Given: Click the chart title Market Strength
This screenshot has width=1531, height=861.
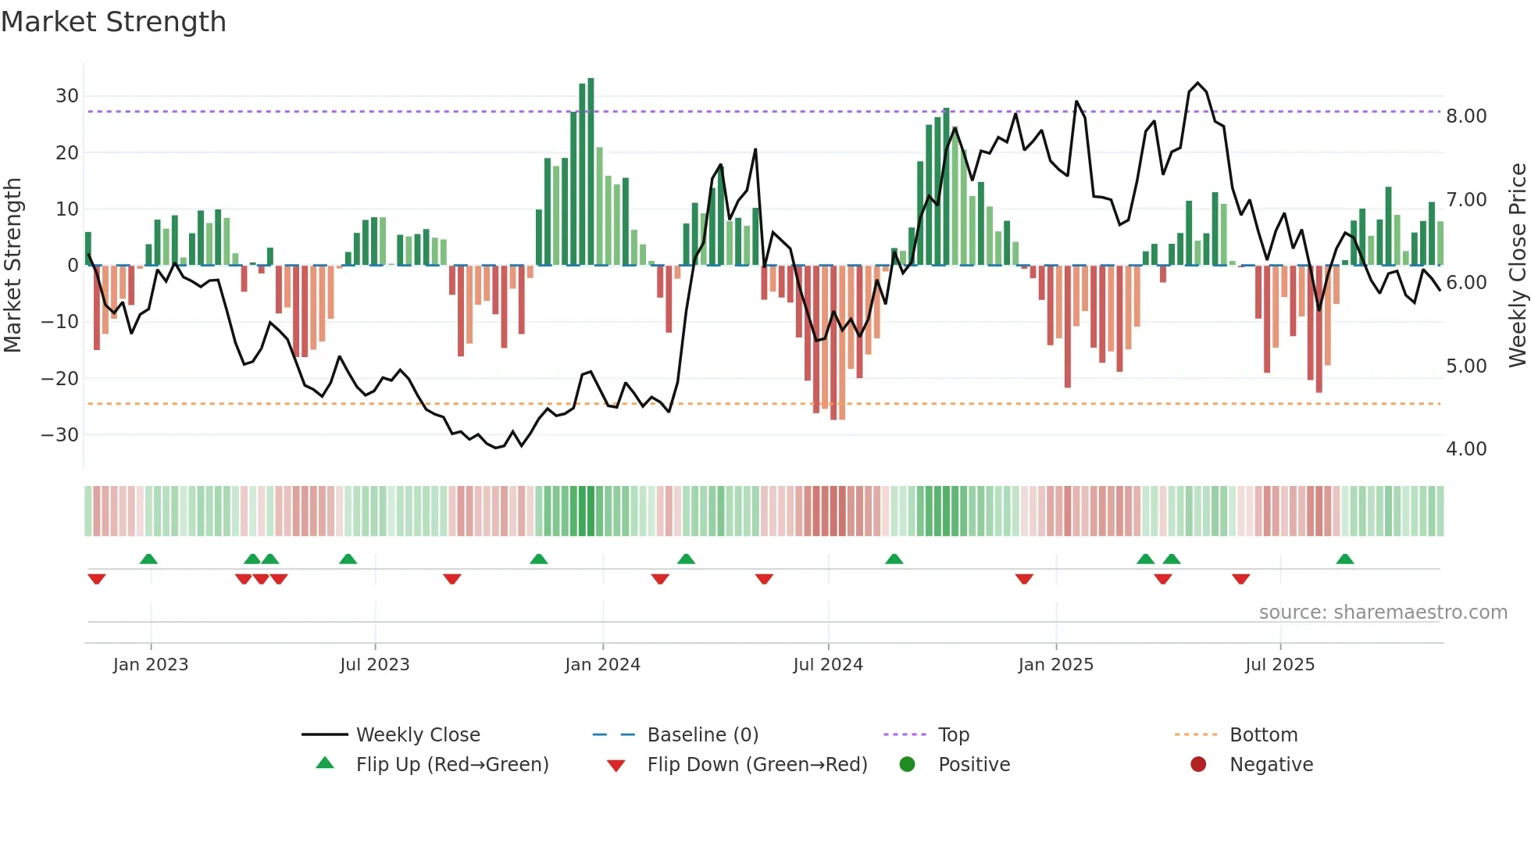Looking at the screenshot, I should [x=113, y=22].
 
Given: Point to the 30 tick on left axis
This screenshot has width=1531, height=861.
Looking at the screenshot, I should [x=67, y=96].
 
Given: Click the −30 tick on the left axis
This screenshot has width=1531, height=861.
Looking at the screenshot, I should [x=61, y=434].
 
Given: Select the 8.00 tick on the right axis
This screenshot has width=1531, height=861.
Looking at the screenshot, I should [x=1466, y=116].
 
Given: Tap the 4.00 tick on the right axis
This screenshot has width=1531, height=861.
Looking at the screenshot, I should [x=1466, y=449].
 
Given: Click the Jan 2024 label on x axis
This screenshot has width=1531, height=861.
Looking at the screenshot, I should [x=602, y=665].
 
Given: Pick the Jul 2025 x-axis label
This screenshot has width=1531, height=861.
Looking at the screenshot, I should [x=1279, y=665].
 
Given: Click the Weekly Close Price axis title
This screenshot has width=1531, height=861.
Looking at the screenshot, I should [x=1517, y=266].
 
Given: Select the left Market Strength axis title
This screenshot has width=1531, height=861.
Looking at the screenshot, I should [x=12, y=266].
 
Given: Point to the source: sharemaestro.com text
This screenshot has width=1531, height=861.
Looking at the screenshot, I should [x=1383, y=613].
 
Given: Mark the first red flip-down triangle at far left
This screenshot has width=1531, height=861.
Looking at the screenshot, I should [x=97, y=579].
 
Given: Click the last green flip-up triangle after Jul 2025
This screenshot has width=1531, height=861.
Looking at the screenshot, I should [x=1344, y=559].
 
